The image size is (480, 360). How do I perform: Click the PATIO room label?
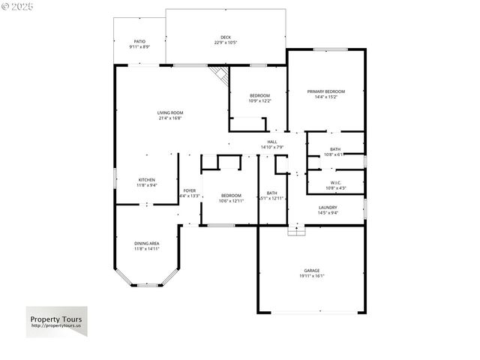pyautogui.click(x=140, y=41)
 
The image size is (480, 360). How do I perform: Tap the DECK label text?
pyautogui.click(x=225, y=37)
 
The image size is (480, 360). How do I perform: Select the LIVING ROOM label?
pyautogui.click(x=170, y=112)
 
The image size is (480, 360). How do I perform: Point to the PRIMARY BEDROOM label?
pyautogui.click(x=326, y=91)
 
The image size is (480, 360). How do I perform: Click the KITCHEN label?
pyautogui.click(x=147, y=180)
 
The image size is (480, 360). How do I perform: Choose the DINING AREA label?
pyautogui.click(x=147, y=243)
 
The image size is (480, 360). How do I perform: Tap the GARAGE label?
pyautogui.click(x=312, y=271)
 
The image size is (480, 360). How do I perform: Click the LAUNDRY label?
pyautogui.click(x=328, y=208)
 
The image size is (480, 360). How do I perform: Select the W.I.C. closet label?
pyautogui.click(x=335, y=183)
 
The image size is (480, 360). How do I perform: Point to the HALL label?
pyautogui.click(x=272, y=142)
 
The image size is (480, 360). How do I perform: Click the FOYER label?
pyautogui.click(x=190, y=190)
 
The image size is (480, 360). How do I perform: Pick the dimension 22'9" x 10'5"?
pyautogui.click(x=225, y=43)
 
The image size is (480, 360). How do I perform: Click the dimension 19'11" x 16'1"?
pyautogui.click(x=312, y=276)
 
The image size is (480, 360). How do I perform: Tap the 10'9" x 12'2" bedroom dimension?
pyautogui.click(x=260, y=100)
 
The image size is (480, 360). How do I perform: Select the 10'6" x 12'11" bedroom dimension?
pyautogui.click(x=231, y=200)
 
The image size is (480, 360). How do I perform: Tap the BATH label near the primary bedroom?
pyautogui.click(x=334, y=149)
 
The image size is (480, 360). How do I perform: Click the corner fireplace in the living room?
pyautogui.click(x=219, y=74)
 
